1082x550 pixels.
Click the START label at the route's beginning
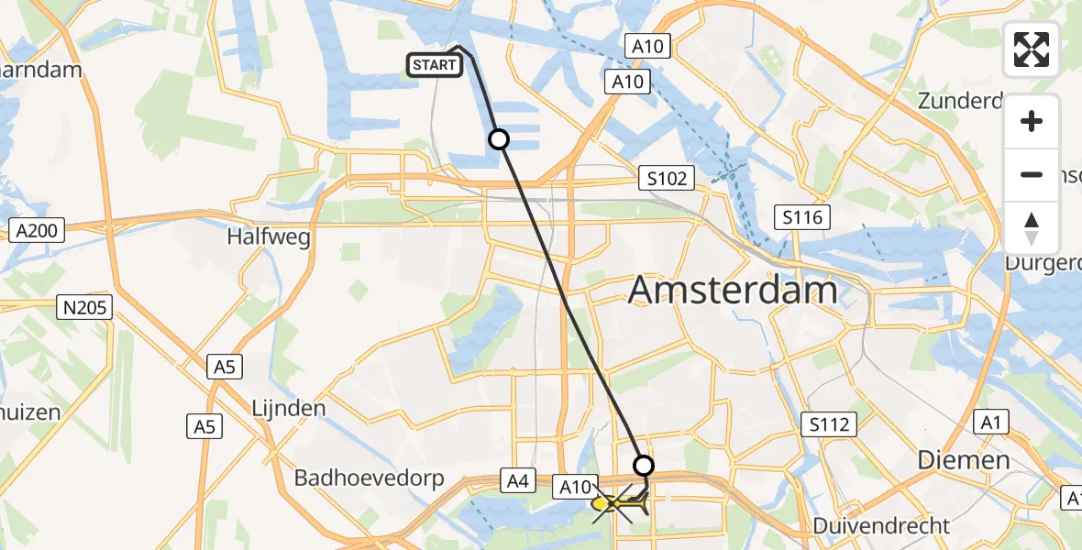434,65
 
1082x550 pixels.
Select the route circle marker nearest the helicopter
644,465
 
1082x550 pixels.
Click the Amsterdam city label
733,291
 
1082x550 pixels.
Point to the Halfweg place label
269,236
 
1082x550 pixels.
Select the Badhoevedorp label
369,478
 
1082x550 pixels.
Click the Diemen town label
965,460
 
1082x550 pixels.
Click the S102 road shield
667,179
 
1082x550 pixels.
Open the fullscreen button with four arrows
1032,49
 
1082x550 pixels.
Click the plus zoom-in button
1032,121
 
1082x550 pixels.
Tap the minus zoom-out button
1032,175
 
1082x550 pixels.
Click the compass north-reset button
1032,228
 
